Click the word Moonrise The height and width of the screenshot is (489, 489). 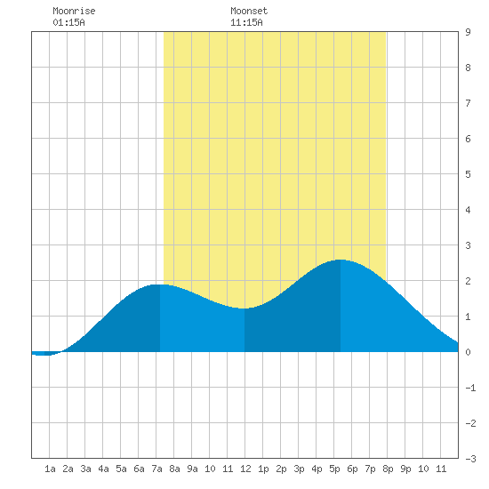[x=74, y=11]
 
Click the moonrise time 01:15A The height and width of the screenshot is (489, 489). [x=68, y=22]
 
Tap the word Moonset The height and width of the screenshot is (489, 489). [x=249, y=11]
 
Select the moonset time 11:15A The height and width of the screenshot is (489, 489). [x=246, y=22]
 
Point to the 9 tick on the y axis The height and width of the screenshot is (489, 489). [x=468, y=32]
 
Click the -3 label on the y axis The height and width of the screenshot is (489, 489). [x=470, y=459]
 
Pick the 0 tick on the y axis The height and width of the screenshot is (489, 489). [x=468, y=352]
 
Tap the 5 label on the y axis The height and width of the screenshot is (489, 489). [x=468, y=174]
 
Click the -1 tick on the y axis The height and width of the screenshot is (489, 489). [x=470, y=388]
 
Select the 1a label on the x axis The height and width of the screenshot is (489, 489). [x=50, y=469]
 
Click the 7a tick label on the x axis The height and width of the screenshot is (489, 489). [x=156, y=469]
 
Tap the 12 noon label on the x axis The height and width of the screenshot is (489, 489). [x=245, y=469]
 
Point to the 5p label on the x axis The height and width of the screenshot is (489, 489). [x=334, y=469]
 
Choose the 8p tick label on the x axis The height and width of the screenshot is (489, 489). [x=388, y=469]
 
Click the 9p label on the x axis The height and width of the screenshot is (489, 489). [x=405, y=469]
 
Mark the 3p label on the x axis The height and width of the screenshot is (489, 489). [x=299, y=469]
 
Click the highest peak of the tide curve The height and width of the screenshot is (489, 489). [x=341, y=260]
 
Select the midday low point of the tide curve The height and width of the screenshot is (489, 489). [x=244, y=309]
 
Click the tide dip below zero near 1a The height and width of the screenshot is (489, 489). [x=44, y=355]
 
